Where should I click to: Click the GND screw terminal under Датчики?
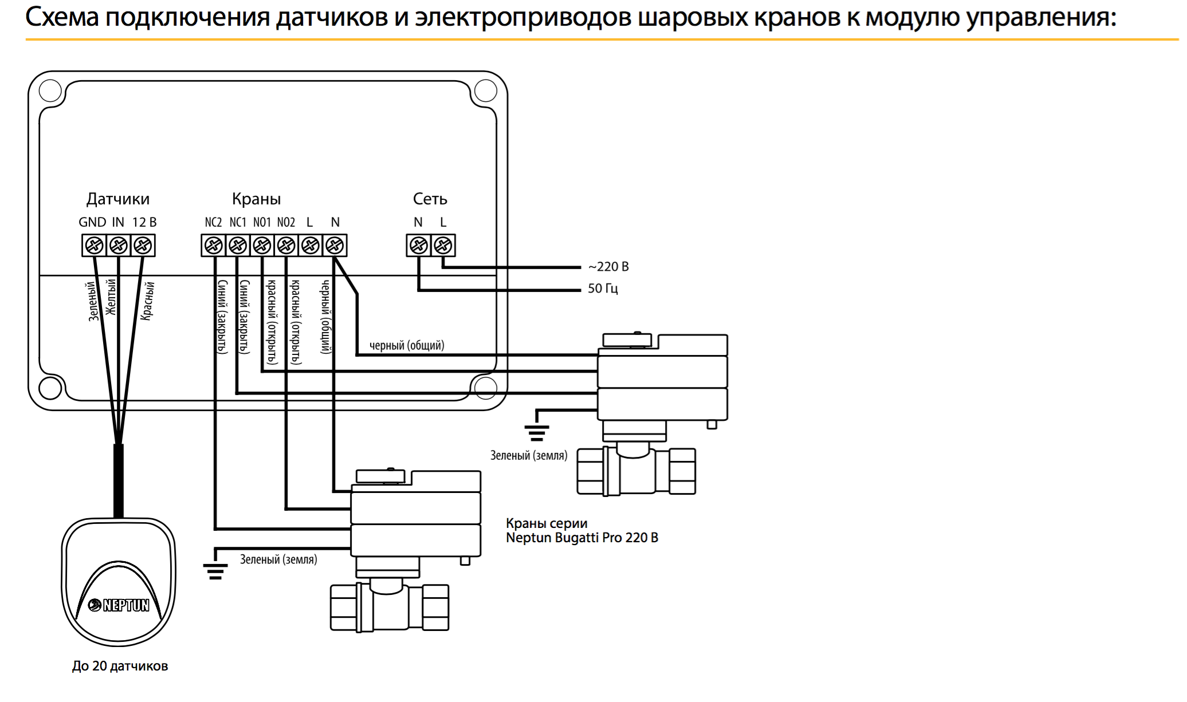click(x=95, y=246)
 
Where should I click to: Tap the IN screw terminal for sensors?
click(x=119, y=246)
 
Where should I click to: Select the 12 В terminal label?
click(x=144, y=222)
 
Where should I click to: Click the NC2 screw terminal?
click(x=214, y=246)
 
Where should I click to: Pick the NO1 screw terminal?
click(x=262, y=246)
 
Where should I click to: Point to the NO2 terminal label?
click(x=286, y=222)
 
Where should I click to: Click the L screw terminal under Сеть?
click(x=443, y=246)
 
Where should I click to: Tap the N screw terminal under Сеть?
click(x=419, y=246)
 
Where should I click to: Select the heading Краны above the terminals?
click(x=256, y=199)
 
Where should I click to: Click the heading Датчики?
click(x=118, y=199)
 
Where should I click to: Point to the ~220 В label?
click(x=608, y=267)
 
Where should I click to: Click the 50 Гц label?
click(x=603, y=289)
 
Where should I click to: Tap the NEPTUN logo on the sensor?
click(x=119, y=605)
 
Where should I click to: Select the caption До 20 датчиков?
click(x=120, y=666)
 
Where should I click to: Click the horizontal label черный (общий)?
click(x=407, y=345)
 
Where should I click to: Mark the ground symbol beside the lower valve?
click(x=215, y=571)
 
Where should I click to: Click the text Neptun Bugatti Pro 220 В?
click(x=582, y=538)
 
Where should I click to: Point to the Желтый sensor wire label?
click(x=111, y=297)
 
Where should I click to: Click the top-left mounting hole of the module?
click(x=50, y=90)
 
